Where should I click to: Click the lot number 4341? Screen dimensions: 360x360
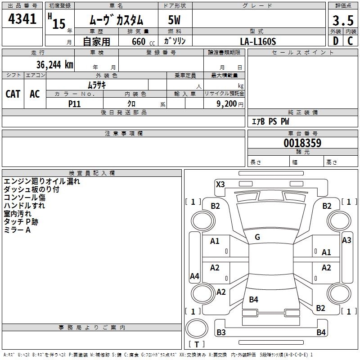[22, 19]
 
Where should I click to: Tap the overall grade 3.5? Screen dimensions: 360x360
[343, 20]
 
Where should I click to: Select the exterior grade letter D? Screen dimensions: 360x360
[336, 41]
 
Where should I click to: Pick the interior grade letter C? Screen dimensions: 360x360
[350, 41]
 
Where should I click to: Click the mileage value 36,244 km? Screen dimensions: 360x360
[54, 65]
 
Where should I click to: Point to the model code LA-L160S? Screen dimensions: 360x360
[258, 41]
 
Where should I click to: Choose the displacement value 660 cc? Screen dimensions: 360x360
[143, 42]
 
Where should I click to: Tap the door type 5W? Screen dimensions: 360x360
[174, 20]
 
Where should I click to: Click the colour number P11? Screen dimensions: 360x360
[74, 104]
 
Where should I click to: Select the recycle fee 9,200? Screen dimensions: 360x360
[226, 104]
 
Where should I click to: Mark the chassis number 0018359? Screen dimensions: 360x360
[302, 143]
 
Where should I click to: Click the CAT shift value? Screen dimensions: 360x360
[13, 94]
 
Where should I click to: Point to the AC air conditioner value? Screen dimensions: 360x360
[35, 94]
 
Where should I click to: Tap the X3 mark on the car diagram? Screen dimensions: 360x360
[220, 184]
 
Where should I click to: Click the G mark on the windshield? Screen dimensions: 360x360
[257, 237]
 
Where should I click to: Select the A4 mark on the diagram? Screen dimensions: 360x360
[194, 276]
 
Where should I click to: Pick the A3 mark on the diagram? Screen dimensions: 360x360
[346, 240]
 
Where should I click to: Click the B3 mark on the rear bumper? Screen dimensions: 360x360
[221, 332]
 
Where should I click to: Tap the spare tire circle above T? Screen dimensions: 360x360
[197, 328]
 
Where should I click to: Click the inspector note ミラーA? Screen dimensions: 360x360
[17, 230]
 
